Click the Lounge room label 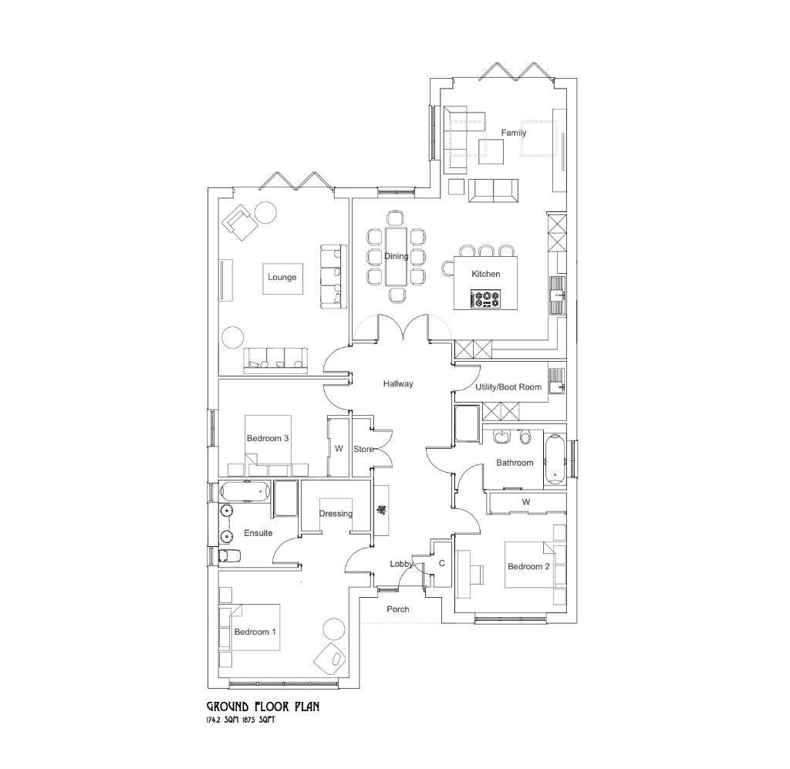tap(282, 278)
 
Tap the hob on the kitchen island tap(486, 298)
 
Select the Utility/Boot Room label tap(508, 387)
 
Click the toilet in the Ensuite tap(229, 555)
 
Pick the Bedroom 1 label tap(255, 632)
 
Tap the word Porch tap(398, 609)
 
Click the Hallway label tap(399, 383)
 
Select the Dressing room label tap(336, 514)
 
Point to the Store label tap(363, 449)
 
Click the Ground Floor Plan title tap(262, 706)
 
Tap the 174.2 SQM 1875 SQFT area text tap(241, 720)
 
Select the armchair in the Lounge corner tap(240, 222)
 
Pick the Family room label tap(514, 133)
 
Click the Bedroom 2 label tap(528, 567)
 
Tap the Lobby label tap(401, 564)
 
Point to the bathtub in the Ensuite tap(244, 490)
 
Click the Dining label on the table tap(396, 256)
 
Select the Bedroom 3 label tap(268, 438)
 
